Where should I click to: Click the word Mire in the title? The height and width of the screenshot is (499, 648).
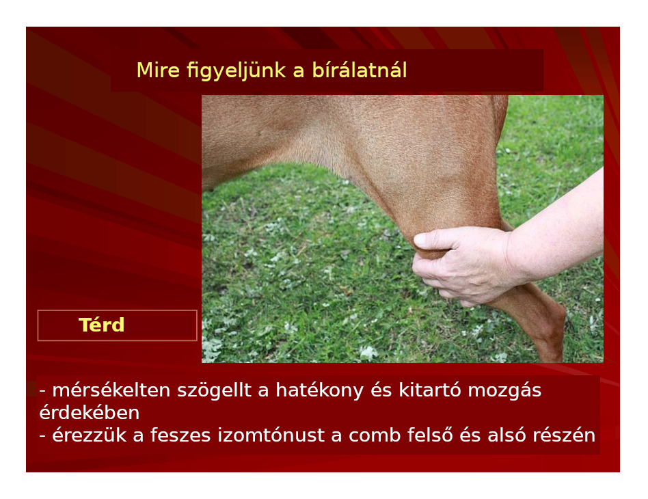[158, 70]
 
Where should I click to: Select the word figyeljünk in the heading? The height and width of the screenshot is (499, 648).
[236, 70]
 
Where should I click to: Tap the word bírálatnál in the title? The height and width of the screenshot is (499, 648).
[360, 70]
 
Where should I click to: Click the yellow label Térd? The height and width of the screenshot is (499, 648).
[101, 325]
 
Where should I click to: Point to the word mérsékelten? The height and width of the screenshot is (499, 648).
[111, 390]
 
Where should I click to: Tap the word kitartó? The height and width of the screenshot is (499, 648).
[430, 390]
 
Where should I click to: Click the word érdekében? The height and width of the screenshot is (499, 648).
[90, 413]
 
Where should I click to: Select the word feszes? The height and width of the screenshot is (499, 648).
[180, 435]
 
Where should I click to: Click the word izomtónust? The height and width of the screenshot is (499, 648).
[271, 435]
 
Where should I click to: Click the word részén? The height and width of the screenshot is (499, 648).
[564, 435]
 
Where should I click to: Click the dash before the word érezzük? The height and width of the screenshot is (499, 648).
[42, 435]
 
